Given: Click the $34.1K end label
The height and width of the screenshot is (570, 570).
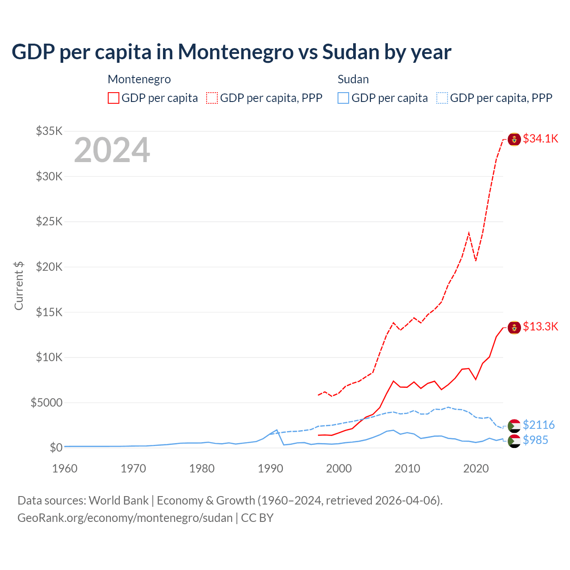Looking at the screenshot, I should pyautogui.click(x=540, y=138).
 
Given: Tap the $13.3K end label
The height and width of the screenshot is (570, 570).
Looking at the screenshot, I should pyautogui.click(x=540, y=326).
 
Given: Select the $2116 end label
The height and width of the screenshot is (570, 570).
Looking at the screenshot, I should pyautogui.click(x=538, y=425).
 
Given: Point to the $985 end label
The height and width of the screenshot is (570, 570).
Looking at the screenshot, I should pyautogui.click(x=535, y=440).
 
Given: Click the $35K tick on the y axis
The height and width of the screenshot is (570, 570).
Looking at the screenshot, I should pyautogui.click(x=49, y=131).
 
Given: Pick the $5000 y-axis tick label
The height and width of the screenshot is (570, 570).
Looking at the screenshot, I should pyautogui.click(x=46, y=403).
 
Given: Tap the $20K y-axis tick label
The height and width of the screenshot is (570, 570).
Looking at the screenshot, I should pyautogui.click(x=49, y=267).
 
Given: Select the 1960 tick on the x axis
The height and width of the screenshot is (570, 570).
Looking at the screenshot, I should pyautogui.click(x=65, y=468).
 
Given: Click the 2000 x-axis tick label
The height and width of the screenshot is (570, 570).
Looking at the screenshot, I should pyautogui.click(x=339, y=468).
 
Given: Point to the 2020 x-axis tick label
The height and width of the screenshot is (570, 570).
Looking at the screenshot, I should pyautogui.click(x=476, y=468).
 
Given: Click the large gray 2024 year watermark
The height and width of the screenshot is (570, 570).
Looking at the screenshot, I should pyautogui.click(x=112, y=150).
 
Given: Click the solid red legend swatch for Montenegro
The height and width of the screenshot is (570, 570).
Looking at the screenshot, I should pyautogui.click(x=114, y=98).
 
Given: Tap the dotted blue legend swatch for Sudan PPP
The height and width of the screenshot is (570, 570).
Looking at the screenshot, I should pyautogui.click(x=442, y=98).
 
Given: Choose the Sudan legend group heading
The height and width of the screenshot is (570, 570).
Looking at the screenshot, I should pyautogui.click(x=353, y=79).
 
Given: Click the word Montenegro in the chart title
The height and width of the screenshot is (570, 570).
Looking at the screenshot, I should pyautogui.click(x=236, y=52).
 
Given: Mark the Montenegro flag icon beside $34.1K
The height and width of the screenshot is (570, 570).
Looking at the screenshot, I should pyautogui.click(x=514, y=139).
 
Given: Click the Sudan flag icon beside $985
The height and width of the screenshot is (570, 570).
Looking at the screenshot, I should pyautogui.click(x=514, y=441).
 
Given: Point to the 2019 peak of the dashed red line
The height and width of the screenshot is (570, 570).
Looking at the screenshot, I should pyautogui.click(x=469, y=232).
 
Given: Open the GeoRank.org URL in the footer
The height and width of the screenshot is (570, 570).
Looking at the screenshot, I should pyautogui.click(x=125, y=518).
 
